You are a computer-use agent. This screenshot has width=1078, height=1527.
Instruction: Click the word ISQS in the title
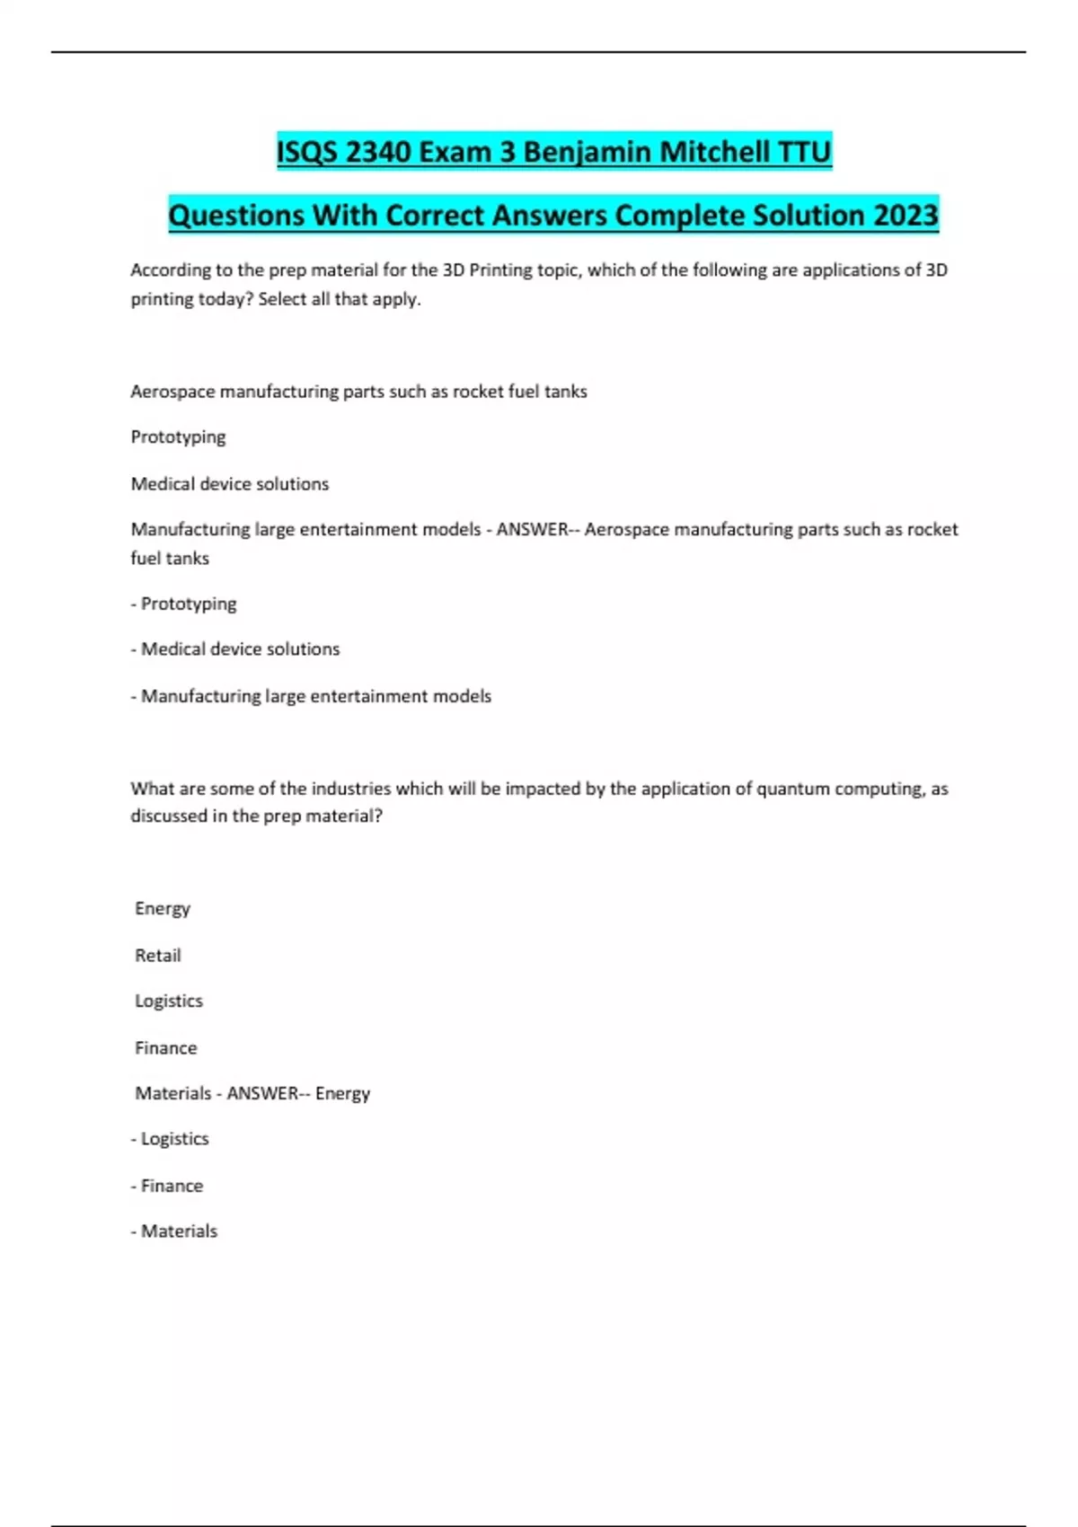[307, 152]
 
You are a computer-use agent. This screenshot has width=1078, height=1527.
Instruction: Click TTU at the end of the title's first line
[805, 152]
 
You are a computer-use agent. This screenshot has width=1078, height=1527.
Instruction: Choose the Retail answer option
[158, 956]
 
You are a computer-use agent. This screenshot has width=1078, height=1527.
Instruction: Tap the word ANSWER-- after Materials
[266, 1093]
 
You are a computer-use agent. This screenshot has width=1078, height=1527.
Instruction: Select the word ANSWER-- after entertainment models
[536, 530]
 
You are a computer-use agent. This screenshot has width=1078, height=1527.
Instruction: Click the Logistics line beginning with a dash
[170, 1139]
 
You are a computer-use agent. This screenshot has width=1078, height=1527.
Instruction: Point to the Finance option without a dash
[166, 1048]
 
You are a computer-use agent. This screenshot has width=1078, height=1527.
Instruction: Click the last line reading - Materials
[174, 1231]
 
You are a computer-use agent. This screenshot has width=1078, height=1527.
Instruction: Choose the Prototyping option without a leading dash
[178, 437]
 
